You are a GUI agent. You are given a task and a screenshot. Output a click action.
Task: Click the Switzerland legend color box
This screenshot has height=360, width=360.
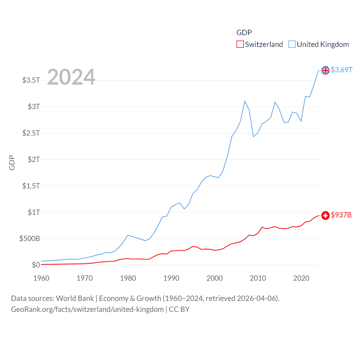(x=240, y=44)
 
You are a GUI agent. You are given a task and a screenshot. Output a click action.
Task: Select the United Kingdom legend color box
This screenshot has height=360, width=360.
(x=292, y=44)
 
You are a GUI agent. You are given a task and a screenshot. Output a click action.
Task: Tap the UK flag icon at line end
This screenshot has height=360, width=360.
(x=325, y=70)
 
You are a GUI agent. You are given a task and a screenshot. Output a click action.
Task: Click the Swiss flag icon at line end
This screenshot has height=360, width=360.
(x=325, y=215)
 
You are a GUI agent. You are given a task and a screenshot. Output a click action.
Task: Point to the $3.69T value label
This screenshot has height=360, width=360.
(x=341, y=70)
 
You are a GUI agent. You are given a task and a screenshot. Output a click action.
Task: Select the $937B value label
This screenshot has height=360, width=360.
(x=341, y=215)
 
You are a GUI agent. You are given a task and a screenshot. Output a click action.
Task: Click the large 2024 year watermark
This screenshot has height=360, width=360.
(x=71, y=77)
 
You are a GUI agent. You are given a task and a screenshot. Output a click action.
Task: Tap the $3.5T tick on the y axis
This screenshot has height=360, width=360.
(x=31, y=80)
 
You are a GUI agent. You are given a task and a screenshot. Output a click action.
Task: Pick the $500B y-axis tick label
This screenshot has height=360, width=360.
(x=30, y=239)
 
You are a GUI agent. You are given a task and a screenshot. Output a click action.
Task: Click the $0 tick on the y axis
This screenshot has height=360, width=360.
(x=36, y=265)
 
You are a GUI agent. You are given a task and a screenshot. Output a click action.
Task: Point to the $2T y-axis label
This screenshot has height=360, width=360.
(x=34, y=159)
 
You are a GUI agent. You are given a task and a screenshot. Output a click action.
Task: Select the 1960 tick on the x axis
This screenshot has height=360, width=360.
(x=41, y=278)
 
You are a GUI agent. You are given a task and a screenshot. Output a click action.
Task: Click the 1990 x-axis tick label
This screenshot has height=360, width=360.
(x=171, y=278)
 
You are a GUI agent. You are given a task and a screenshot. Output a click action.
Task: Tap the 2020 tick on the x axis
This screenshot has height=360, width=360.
(x=301, y=278)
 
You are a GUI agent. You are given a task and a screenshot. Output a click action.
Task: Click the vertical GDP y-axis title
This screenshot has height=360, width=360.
(x=12, y=163)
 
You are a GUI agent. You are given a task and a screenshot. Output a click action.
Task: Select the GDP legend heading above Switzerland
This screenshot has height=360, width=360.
(x=244, y=33)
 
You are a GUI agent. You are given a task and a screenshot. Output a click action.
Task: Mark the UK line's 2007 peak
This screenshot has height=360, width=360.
(x=245, y=101)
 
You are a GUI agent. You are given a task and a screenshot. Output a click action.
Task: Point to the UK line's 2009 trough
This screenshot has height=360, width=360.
(x=253, y=137)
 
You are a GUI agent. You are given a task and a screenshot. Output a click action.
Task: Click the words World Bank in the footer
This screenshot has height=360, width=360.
(x=75, y=298)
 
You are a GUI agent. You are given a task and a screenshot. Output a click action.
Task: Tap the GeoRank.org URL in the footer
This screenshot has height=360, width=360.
(x=87, y=310)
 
